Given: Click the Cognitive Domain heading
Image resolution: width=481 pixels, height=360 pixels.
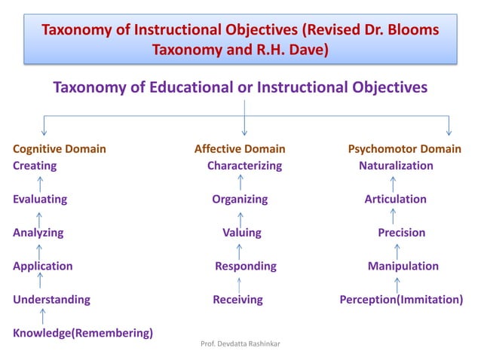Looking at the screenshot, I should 60,149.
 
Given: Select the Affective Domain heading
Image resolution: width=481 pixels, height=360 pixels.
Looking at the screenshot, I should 240,149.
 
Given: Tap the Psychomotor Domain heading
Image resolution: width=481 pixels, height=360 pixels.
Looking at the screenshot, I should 404,149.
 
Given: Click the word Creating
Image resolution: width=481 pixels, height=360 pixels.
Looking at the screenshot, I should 35,166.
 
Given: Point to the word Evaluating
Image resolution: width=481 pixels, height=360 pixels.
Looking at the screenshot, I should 40,200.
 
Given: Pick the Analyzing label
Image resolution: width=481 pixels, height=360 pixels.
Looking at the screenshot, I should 38,233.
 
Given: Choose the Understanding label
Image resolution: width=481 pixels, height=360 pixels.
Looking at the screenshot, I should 51,299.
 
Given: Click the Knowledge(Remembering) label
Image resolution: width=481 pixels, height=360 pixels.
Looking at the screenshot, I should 83,332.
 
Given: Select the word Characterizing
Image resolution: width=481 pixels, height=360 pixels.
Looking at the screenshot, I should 244,166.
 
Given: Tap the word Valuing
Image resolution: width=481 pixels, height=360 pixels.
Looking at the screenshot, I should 241,233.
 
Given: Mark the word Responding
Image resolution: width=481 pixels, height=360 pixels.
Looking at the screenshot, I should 246,266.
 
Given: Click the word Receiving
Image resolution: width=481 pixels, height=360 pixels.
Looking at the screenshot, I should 237,299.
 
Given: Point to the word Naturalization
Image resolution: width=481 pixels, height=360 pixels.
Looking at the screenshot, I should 396,166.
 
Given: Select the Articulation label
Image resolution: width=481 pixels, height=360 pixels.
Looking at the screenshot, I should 395,200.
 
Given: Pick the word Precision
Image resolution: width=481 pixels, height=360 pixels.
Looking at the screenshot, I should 401,233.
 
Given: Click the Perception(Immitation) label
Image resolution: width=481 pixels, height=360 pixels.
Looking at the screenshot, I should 401,299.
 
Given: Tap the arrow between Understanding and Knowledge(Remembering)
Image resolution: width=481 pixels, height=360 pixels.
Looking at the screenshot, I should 42,316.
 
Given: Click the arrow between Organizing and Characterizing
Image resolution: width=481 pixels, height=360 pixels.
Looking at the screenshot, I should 240,183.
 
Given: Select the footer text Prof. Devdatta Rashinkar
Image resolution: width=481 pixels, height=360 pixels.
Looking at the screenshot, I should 240,344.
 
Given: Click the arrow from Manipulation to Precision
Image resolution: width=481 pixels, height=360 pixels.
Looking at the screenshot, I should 397,249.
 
